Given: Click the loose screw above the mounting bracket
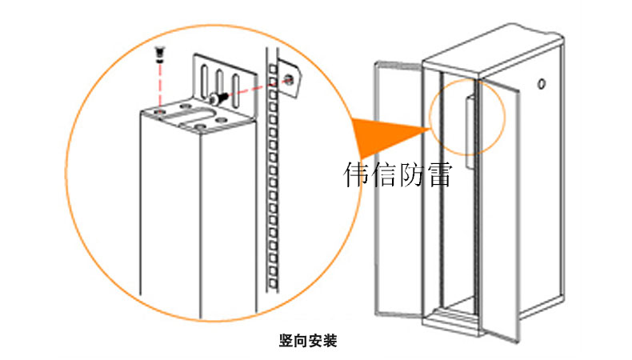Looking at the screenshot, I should [161, 54].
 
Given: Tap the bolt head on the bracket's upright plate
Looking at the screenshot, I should [214, 98].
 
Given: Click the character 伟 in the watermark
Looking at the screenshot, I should [357, 174].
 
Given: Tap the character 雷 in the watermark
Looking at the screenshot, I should [438, 174].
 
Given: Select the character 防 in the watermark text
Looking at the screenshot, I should [410, 174].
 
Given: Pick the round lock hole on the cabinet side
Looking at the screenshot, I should [543, 83].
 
